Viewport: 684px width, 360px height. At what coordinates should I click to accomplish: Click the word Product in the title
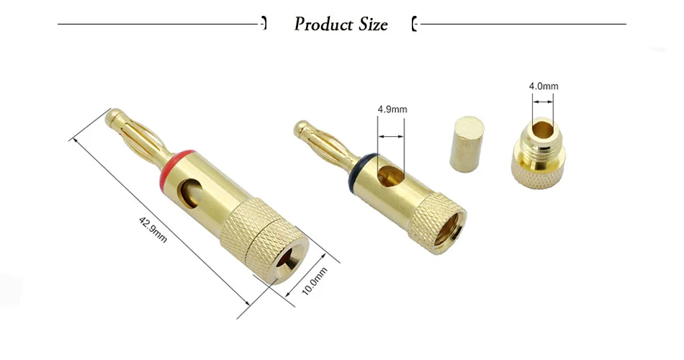click(324, 24)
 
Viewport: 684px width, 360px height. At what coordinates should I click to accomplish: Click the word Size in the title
click(374, 24)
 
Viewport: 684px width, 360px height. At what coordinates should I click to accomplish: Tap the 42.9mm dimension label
click(153, 230)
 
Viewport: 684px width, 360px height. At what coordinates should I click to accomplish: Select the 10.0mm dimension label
click(315, 281)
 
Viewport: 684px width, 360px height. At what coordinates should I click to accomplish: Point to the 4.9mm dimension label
click(392, 109)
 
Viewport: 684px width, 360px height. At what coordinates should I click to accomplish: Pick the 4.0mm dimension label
click(544, 86)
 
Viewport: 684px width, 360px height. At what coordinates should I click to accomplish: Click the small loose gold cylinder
click(467, 144)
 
